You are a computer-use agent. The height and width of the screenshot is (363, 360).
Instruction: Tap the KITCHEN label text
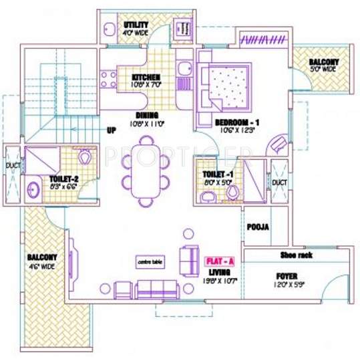point(146,77)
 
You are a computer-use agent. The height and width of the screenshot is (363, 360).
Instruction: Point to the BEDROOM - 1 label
point(236,123)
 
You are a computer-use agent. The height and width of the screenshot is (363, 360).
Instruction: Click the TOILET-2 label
point(64,179)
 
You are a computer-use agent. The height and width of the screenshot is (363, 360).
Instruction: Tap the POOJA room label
point(257,227)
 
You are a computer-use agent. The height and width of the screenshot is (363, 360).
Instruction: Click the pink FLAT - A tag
point(216,260)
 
